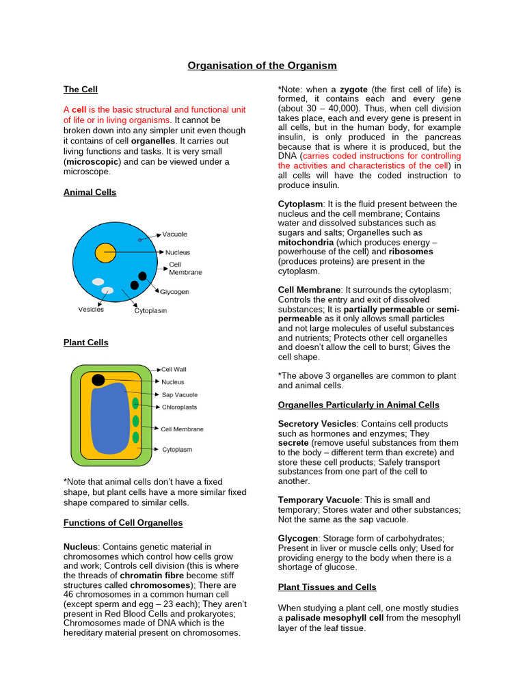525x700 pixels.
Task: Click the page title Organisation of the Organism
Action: (262, 66)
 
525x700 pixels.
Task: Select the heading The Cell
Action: (81, 90)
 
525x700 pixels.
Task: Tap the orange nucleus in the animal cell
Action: (105, 252)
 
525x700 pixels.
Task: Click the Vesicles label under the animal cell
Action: (91, 310)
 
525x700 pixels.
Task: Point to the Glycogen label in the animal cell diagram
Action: (174, 292)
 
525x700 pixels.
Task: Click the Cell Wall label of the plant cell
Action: (174, 369)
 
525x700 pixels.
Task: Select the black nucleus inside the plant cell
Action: (98, 380)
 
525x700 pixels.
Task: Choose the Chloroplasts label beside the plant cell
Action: (180, 407)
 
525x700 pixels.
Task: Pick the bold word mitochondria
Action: (306, 243)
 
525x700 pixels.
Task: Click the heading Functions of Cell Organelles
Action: (123, 523)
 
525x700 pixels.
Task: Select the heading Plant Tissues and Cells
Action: (327, 587)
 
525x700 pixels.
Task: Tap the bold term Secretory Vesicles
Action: (318, 424)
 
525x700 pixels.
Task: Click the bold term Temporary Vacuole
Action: (319, 500)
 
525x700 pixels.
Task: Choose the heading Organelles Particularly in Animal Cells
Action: (358, 405)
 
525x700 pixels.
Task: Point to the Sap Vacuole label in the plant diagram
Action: (179, 394)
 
